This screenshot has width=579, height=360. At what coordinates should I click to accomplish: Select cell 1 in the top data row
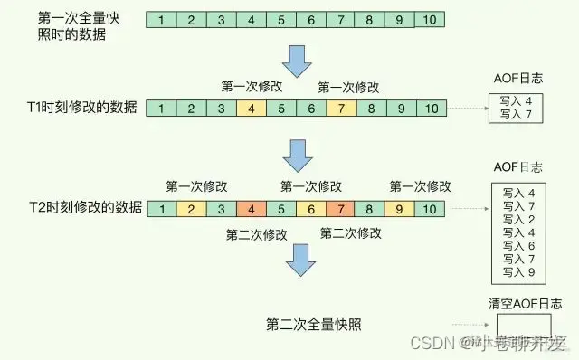(x=161, y=19)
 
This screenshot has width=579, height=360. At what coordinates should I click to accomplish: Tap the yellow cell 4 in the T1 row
(x=250, y=109)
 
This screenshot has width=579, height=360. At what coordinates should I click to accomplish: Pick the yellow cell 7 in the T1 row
(x=340, y=109)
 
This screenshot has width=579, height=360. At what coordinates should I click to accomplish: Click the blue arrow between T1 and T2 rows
(x=296, y=156)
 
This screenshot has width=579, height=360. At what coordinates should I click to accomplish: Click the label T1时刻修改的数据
(x=84, y=109)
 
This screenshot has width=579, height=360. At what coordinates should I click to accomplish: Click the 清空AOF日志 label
(x=519, y=303)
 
